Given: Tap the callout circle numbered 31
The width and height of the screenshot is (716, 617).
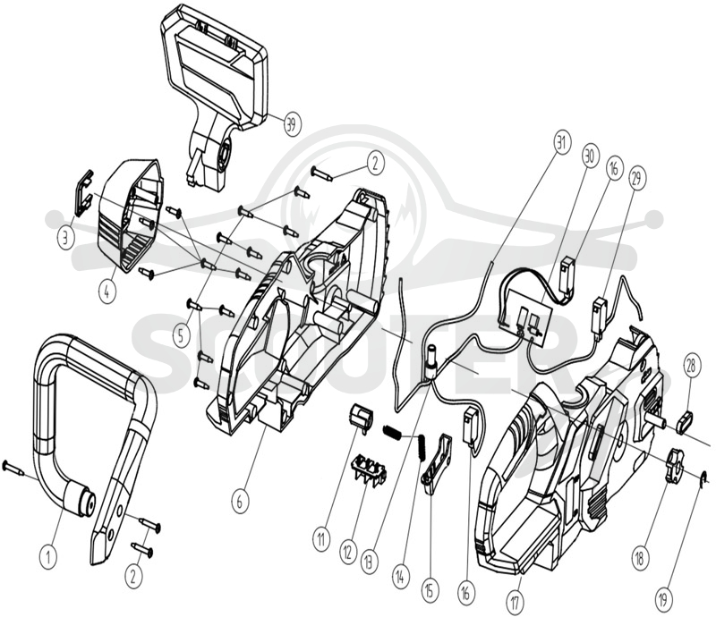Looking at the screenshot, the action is (x=561, y=144).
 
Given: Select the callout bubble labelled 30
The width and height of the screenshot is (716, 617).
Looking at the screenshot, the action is (x=589, y=156).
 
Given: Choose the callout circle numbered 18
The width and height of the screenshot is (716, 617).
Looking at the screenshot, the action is (x=640, y=558).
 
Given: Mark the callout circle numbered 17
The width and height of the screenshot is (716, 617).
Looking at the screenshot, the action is (x=516, y=603).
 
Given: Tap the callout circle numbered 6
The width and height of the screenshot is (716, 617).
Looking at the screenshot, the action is (x=239, y=503).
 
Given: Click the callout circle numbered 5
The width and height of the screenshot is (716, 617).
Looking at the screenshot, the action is (x=182, y=336).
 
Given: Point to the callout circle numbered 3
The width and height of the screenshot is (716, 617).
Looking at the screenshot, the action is (x=65, y=237).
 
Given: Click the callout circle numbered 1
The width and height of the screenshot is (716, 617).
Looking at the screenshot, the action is (x=48, y=556).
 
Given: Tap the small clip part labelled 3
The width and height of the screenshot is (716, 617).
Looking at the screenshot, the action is (x=83, y=194).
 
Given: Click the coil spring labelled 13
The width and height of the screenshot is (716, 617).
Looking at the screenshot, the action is (x=394, y=433).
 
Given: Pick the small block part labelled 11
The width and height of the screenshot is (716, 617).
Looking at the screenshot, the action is (x=362, y=417).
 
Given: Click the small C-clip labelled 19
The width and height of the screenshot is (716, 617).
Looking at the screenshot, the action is (x=705, y=477).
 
